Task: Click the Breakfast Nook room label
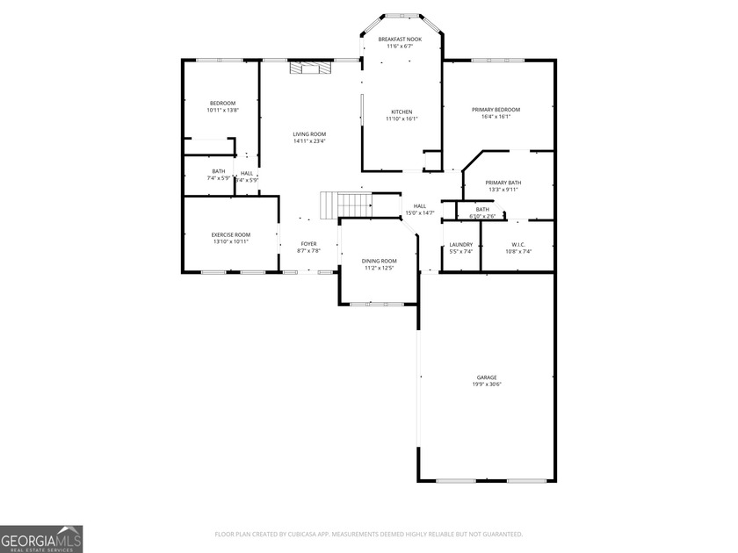tap(400, 39)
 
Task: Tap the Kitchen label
tap(402, 111)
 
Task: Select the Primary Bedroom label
tap(496, 110)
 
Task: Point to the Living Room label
tap(309, 134)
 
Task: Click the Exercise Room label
tap(230, 234)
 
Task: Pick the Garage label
tap(488, 377)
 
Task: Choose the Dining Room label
tap(380, 261)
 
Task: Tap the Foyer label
tap(308, 244)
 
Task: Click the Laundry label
tap(461, 245)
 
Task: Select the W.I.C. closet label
tap(518, 245)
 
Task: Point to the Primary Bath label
tap(503, 182)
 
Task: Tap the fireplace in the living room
tap(311, 66)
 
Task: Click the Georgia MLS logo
tap(41, 539)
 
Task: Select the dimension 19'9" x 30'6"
tap(488, 384)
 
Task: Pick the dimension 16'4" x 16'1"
tap(496, 117)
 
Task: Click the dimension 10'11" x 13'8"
tap(222, 111)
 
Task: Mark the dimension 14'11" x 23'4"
tap(309, 141)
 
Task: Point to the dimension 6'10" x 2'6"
tap(482, 216)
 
